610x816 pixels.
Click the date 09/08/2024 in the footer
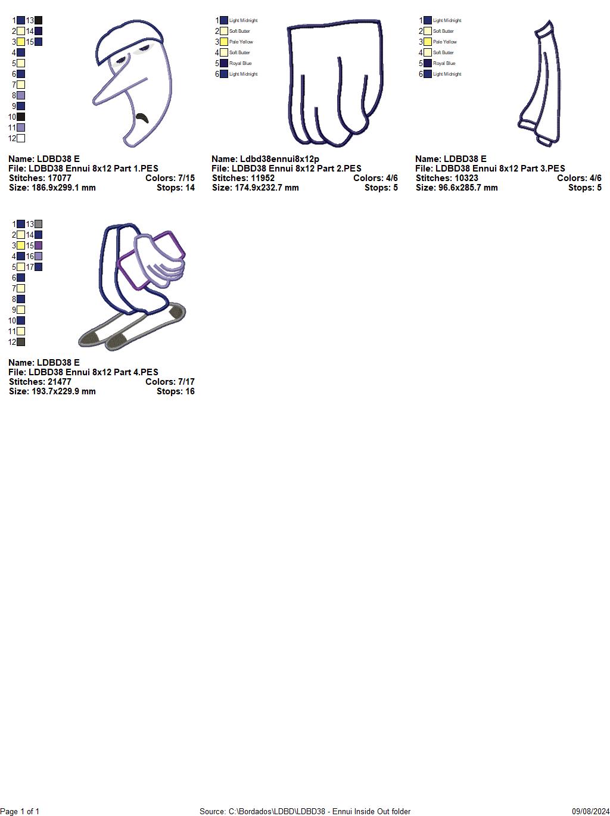[590, 811]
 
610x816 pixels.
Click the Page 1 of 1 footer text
[20, 811]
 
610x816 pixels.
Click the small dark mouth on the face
[142, 117]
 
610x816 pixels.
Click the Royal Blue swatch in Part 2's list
[224, 63]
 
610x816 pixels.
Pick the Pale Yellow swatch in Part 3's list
[428, 42]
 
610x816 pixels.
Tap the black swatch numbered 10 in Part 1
[21, 117]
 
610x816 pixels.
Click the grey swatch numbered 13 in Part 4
[38, 224]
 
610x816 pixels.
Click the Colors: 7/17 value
[170, 382]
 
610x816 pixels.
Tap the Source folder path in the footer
[305, 811]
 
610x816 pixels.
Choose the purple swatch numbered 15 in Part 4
[38, 245]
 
